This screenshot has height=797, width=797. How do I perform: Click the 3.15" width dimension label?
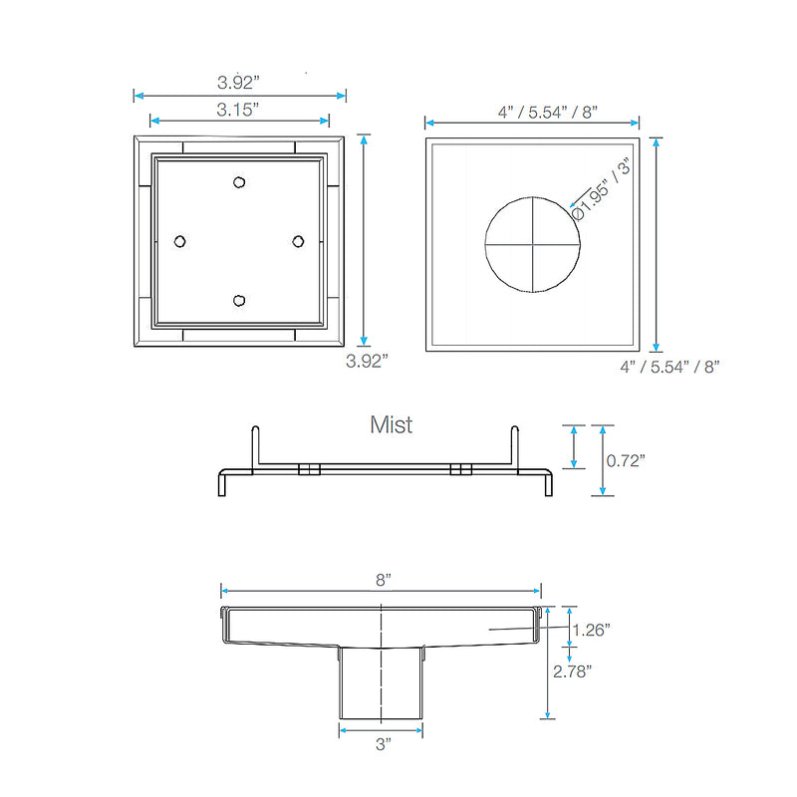(x=238, y=109)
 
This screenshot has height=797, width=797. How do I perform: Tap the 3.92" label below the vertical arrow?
(x=367, y=362)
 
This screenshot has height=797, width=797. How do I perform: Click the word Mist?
(x=392, y=425)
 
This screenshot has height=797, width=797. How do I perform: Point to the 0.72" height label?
(x=626, y=460)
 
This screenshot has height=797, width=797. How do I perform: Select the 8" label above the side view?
(x=383, y=579)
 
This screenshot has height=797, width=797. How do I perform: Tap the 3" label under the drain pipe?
(x=383, y=743)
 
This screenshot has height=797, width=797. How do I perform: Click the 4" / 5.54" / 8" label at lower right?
(x=669, y=367)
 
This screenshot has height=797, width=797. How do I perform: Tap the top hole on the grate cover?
(x=238, y=181)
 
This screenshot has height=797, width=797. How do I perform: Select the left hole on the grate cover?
(x=180, y=241)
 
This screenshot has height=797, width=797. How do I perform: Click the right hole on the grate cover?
(x=297, y=241)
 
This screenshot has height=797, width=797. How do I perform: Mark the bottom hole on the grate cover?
(x=238, y=300)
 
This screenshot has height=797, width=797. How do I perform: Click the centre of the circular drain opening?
(x=532, y=243)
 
